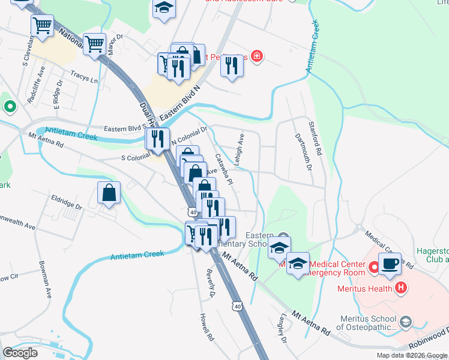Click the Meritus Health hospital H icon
pos(402,288)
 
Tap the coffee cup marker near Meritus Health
pos(389,263)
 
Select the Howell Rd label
pos(207,326)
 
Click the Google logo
pos(20,352)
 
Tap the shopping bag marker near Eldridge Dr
pos(109,193)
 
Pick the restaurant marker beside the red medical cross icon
pos(232,65)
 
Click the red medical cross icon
pos(257,56)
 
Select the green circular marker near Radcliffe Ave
pos(10,107)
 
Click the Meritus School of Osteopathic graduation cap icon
pos(406,322)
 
